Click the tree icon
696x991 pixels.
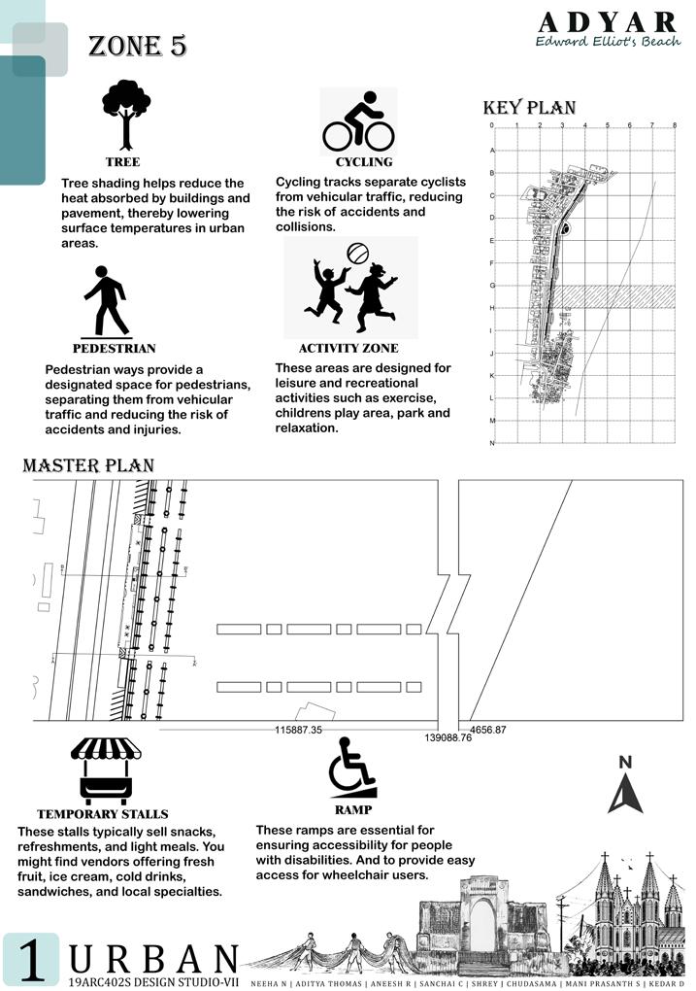126,114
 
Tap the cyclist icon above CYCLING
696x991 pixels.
358,121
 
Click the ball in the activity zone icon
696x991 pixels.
356,253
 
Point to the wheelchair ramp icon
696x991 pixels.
350,767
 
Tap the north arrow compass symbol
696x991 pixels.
625,786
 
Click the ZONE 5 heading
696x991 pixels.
137,46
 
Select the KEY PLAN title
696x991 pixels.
529,108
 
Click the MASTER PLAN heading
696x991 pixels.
88,465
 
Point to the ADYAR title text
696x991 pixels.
607,22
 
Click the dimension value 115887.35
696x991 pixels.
298,729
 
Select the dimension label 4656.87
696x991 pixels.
488,729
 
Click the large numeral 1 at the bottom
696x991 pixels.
31,960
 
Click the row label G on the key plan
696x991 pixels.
492,286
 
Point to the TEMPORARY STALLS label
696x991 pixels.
103,814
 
